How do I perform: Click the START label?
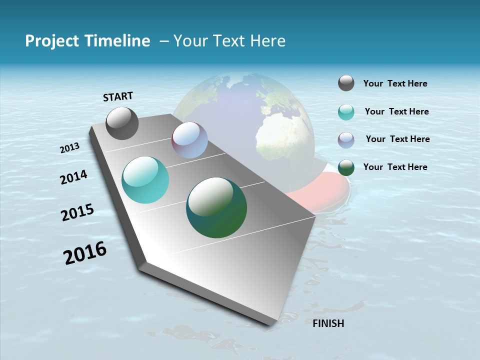pos(118,96)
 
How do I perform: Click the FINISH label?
pos(328,323)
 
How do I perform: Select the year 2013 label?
pos(70,148)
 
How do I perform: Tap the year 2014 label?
pos(74,177)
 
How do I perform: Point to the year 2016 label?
pos(85,253)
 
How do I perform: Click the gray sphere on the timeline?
pos(122,123)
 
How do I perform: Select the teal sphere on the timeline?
pos(145,180)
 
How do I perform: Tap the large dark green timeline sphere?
pos(216,207)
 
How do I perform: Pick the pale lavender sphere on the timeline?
pos(189,140)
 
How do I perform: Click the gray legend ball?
pos(346,83)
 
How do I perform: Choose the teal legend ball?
pos(346,112)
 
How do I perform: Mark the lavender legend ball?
pos(346,140)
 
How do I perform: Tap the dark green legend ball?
pos(346,167)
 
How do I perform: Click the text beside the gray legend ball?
pos(395,84)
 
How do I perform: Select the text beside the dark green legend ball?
pos(395,167)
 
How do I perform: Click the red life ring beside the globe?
pos(325,192)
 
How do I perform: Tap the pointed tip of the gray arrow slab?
pos(272,323)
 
